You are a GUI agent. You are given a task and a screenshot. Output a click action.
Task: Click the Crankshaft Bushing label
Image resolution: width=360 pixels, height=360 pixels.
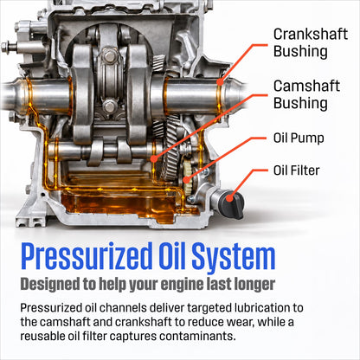pyautogui.click(x=311, y=42)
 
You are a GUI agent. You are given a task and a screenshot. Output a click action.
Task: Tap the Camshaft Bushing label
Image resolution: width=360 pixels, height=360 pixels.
pyautogui.click(x=306, y=94)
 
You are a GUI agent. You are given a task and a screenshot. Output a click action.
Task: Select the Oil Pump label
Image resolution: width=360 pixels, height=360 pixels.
pyautogui.click(x=299, y=138)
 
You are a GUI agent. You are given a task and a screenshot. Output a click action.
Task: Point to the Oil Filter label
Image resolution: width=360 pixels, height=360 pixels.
pyautogui.click(x=297, y=170)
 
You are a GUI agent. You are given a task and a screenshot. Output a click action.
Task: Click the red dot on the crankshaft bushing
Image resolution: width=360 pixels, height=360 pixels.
pyautogui.click(x=220, y=82)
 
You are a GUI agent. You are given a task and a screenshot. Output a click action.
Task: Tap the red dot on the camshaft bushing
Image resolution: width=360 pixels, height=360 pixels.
pyautogui.click(x=154, y=158)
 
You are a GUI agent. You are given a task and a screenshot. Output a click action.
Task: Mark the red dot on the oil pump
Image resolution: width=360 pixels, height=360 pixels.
pyautogui.click(x=187, y=180)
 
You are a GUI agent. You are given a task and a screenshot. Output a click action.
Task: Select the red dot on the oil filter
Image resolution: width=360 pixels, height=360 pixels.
pyautogui.click(x=229, y=198)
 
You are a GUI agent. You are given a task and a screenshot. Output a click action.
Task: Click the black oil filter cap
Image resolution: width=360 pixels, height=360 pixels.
pyautogui.click(x=231, y=204)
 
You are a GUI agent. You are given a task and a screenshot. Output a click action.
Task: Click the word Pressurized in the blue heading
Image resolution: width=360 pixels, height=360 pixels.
pyautogui.click(x=87, y=257)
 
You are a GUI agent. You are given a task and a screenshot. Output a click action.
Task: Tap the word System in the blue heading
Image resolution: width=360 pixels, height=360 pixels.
pyautogui.click(x=234, y=257)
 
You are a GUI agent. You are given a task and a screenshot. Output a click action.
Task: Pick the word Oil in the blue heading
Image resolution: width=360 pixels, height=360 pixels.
pyautogui.click(x=171, y=255)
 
